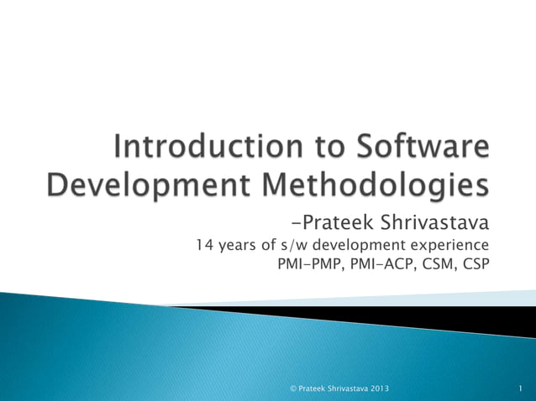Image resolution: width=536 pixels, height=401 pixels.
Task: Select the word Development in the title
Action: (x=137, y=185)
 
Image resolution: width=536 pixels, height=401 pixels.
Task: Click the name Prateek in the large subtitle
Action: (x=339, y=223)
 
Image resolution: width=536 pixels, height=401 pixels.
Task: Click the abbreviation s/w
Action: (x=296, y=246)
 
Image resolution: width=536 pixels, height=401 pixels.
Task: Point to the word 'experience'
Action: (x=445, y=246)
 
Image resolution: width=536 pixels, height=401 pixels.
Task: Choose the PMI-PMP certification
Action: (x=309, y=266)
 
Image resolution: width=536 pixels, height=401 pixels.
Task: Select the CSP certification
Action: (x=475, y=266)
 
